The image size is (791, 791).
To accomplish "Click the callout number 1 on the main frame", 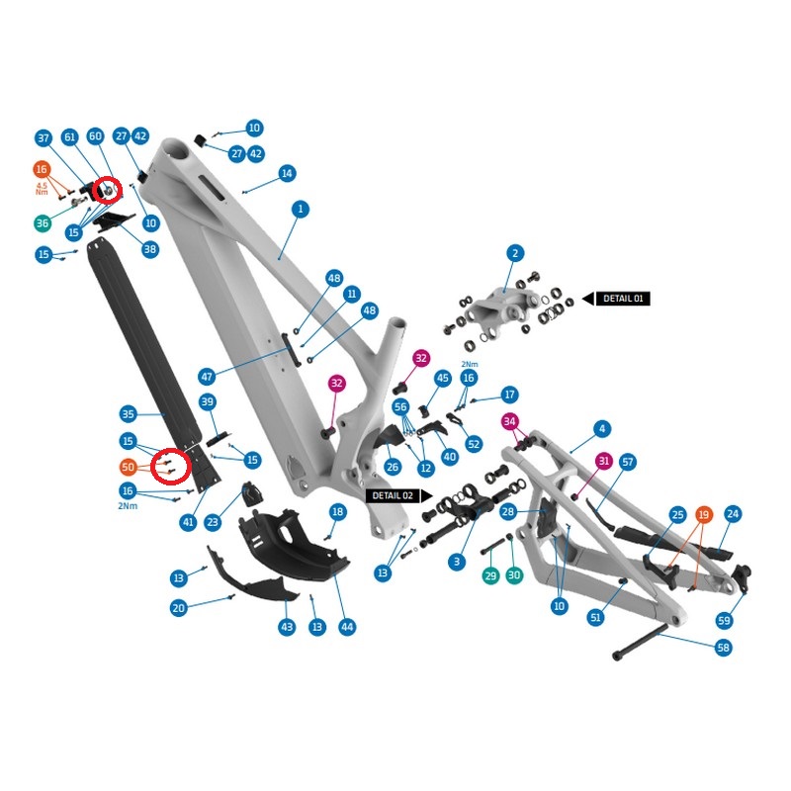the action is (301, 209).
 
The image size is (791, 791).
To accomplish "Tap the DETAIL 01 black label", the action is (623, 299).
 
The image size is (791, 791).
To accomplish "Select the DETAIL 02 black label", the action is (393, 495).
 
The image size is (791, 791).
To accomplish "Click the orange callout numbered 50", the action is (129, 467).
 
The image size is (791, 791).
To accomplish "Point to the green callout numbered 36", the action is (43, 223).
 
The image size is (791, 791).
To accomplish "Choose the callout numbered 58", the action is (724, 648).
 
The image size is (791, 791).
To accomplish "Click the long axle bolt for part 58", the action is (640, 642).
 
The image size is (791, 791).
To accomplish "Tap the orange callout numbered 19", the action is (703, 514).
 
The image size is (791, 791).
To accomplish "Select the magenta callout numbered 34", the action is (509, 421).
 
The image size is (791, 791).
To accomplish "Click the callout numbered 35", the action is (129, 414).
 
